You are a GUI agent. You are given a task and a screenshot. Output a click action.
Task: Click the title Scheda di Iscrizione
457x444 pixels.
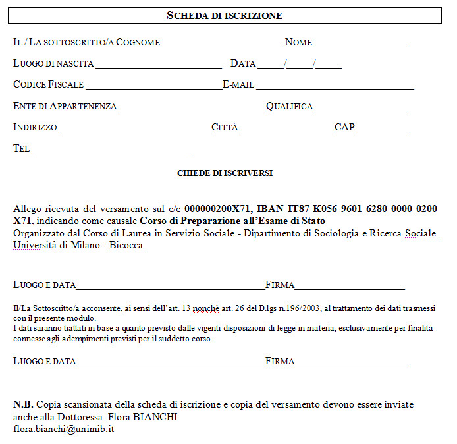[x=224, y=15]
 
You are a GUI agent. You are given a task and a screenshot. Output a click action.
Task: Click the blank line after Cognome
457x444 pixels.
[x=223, y=44]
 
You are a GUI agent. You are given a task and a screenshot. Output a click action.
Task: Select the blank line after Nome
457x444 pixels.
[x=361, y=44]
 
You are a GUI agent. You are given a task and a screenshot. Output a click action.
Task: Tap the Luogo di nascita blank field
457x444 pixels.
[x=158, y=65]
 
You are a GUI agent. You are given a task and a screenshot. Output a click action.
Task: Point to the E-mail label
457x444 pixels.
[x=238, y=85]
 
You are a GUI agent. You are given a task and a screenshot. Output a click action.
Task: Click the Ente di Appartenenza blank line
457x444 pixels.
[x=192, y=107]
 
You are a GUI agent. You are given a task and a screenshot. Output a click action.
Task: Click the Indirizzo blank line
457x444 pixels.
[x=134, y=128]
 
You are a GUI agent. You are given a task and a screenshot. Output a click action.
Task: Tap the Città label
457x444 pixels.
[x=225, y=127]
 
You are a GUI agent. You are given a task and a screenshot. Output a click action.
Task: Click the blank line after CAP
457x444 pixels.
[x=383, y=129]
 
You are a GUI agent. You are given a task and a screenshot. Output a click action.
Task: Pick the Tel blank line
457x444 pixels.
[x=111, y=150]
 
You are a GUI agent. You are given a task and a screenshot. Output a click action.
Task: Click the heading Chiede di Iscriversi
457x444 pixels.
[x=225, y=173]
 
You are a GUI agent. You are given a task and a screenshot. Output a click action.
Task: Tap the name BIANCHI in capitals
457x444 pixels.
[x=156, y=417]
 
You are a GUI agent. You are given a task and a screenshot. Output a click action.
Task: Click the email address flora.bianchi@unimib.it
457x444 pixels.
[x=65, y=428]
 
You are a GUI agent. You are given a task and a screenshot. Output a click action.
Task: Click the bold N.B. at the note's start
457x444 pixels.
[x=24, y=404]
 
